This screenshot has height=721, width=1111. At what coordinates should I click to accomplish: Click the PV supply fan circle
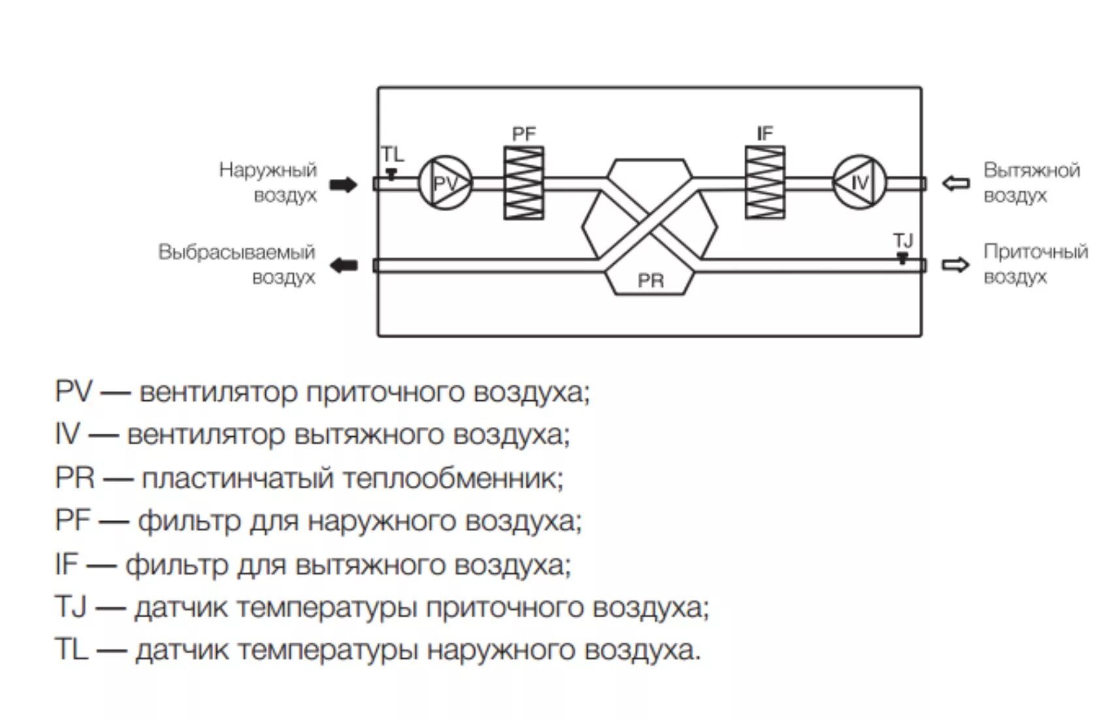click(x=445, y=184)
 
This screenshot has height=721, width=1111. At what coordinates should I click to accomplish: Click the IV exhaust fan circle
click(x=859, y=182)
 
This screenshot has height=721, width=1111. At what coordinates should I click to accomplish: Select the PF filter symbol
click(x=523, y=183)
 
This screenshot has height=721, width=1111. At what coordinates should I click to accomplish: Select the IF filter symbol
click(x=765, y=182)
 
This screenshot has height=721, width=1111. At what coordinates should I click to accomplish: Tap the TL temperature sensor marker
click(x=391, y=174)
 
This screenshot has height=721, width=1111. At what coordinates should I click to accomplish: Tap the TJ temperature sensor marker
click(x=902, y=257)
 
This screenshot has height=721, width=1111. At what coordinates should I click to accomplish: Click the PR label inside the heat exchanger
click(x=651, y=281)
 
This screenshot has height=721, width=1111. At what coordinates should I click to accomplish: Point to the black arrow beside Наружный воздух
click(x=343, y=185)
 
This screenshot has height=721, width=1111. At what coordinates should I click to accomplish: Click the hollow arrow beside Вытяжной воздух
click(x=956, y=184)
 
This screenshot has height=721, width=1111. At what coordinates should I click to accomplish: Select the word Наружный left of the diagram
click(x=268, y=170)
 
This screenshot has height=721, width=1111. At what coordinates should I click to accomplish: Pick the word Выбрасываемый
click(x=236, y=252)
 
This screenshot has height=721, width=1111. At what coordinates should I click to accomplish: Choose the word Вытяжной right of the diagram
click(x=1032, y=170)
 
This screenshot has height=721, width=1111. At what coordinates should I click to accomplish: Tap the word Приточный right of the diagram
click(x=1036, y=251)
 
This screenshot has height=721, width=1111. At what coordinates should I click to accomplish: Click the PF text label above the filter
click(x=523, y=135)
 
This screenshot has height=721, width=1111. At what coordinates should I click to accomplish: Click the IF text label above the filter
click(x=764, y=134)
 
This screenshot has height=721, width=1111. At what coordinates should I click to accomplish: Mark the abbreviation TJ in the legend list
click(x=71, y=607)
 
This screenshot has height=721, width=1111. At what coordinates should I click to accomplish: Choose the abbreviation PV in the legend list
click(x=73, y=393)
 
